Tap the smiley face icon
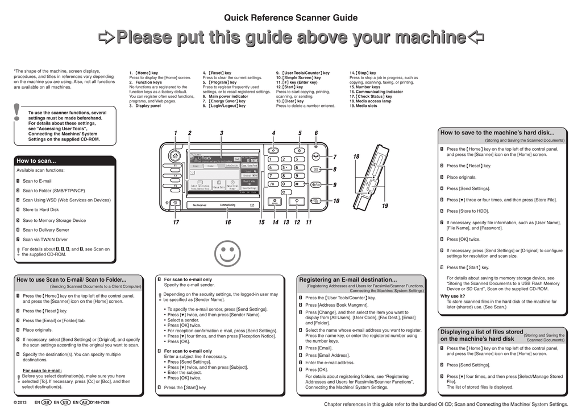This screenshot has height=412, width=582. (x=227, y=253)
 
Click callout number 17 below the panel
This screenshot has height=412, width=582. (x=176, y=223)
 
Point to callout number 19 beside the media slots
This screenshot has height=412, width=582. (x=385, y=205)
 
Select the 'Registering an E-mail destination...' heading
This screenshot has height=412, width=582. (x=348, y=279)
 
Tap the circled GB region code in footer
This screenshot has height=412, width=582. (x=47, y=402)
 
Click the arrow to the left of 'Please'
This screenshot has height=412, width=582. (x=106, y=38)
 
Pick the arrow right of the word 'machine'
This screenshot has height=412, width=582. (x=476, y=38)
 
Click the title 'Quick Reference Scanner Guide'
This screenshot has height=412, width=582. (x=291, y=18)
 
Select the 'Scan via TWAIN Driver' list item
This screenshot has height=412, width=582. (x=45, y=240)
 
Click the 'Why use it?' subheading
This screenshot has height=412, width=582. (x=453, y=296)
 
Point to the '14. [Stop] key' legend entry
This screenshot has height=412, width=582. (x=363, y=73)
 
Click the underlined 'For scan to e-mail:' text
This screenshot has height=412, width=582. (x=42, y=370)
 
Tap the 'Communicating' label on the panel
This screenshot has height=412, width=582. (x=227, y=205)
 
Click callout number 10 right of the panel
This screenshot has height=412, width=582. (x=336, y=201)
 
